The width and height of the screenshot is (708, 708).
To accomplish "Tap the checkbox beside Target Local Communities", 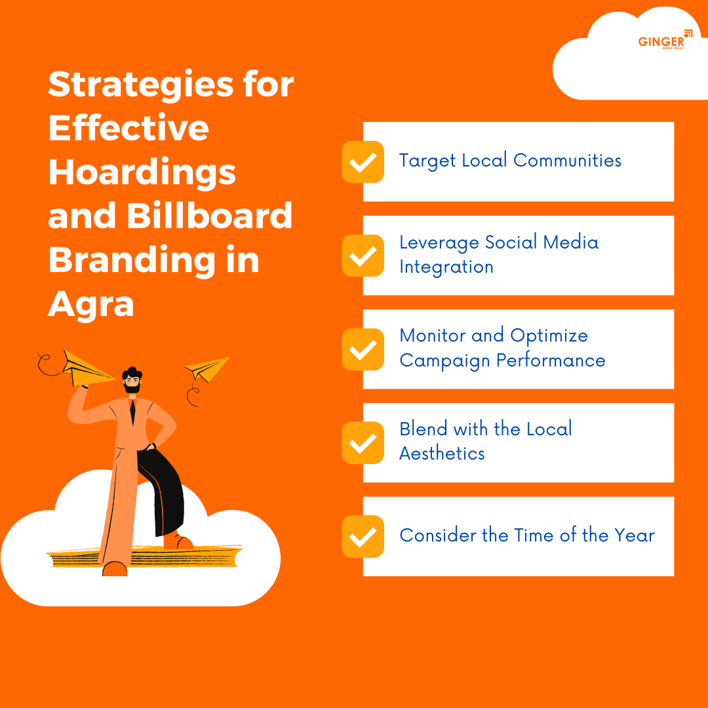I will pyautogui.click(x=363, y=162).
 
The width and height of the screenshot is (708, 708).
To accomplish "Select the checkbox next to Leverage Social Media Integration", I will pyautogui.click(x=363, y=256).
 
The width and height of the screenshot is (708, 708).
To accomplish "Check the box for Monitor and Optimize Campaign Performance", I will pyautogui.click(x=363, y=349).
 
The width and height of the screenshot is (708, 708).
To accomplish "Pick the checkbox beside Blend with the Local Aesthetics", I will pyautogui.click(x=363, y=443).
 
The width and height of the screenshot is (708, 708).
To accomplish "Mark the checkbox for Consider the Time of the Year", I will pyautogui.click(x=363, y=537).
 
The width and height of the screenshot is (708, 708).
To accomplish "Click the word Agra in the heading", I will pyautogui.click(x=91, y=304).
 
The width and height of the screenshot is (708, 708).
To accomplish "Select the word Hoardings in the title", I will pyautogui.click(x=142, y=172).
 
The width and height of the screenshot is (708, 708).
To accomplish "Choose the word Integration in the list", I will pyautogui.click(x=446, y=267).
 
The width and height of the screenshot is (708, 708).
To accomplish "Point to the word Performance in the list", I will pyautogui.click(x=551, y=361).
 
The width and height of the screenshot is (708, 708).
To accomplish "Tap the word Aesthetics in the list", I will pyautogui.click(x=442, y=454).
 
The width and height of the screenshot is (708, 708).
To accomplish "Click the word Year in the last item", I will pyautogui.click(x=634, y=536).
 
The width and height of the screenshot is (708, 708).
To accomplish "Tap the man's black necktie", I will pyautogui.click(x=132, y=413).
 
